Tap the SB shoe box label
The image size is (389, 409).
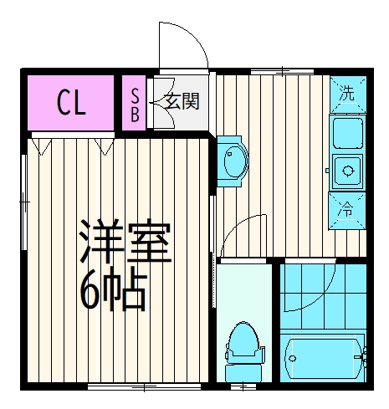135,104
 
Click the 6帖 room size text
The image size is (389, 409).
112,289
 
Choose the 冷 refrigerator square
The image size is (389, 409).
347,211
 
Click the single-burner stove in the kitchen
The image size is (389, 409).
347,172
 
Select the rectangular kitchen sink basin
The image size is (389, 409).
347,132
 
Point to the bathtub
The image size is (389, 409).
324,360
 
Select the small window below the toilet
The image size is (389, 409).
243,386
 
